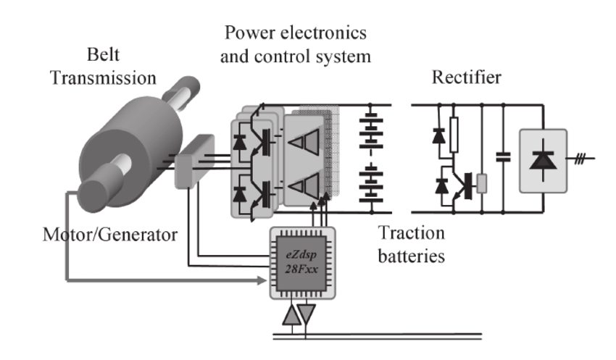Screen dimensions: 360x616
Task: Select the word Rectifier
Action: tap(469, 77)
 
